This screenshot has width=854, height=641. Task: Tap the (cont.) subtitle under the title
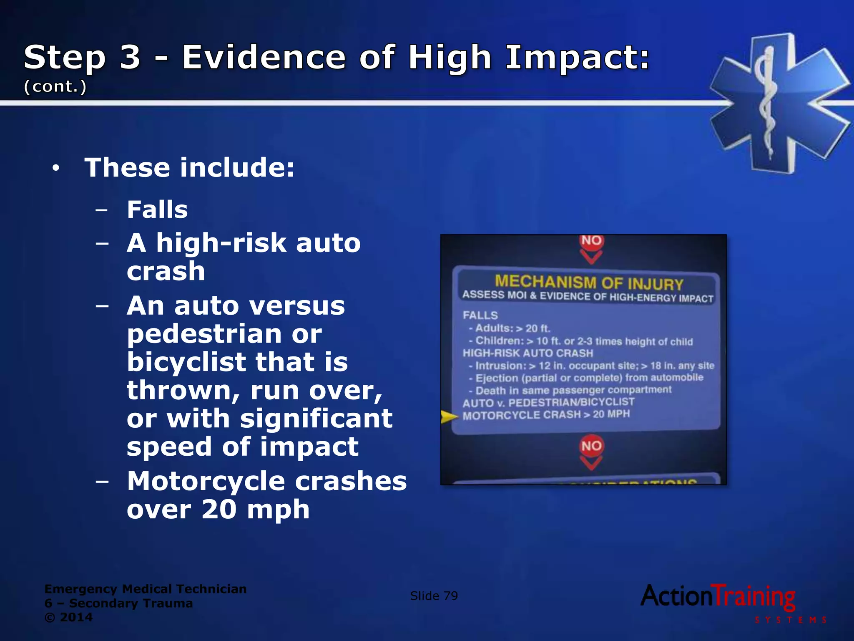pyautogui.click(x=55, y=86)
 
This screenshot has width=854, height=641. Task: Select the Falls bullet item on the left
pyautogui.click(x=157, y=209)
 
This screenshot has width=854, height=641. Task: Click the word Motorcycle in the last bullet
pyautogui.click(x=206, y=481)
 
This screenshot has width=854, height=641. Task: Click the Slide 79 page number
pyautogui.click(x=434, y=596)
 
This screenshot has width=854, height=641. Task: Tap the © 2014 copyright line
pyautogui.click(x=68, y=617)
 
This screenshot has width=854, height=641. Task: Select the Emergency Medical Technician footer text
pyautogui.click(x=146, y=589)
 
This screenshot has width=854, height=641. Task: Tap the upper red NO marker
pyautogui.click(x=591, y=241)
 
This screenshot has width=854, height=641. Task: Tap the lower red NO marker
pyautogui.click(x=591, y=446)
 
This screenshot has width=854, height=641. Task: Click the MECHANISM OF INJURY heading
pyautogui.click(x=589, y=283)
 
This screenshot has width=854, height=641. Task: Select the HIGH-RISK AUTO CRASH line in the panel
pyautogui.click(x=528, y=353)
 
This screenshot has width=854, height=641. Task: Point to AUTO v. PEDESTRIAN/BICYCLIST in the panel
pyautogui.click(x=548, y=403)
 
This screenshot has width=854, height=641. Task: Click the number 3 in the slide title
pyautogui.click(x=130, y=58)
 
